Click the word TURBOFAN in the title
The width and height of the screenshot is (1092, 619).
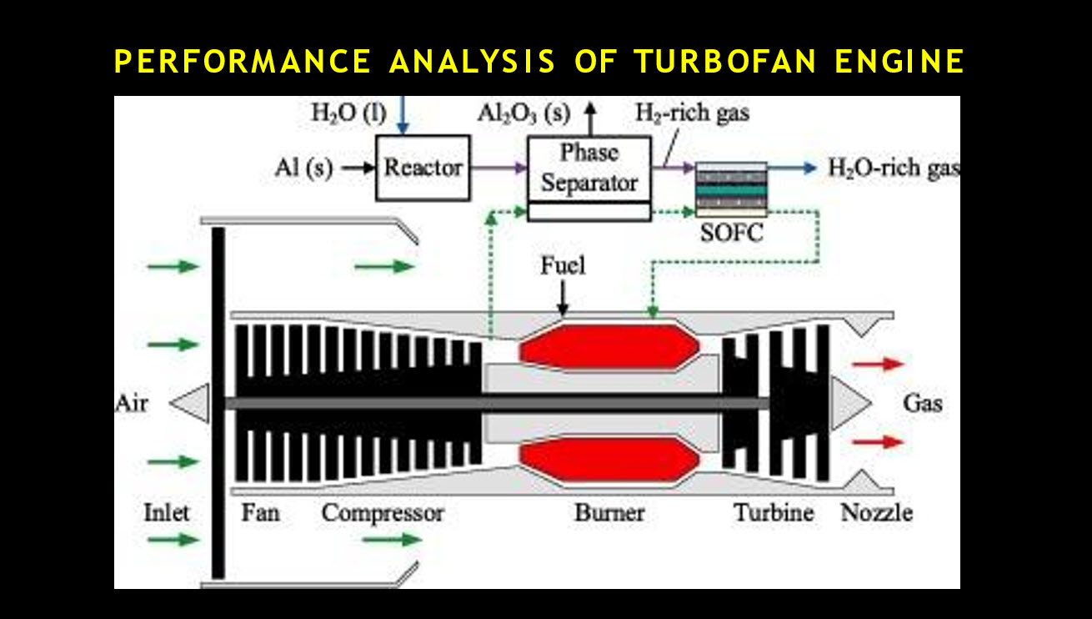click(725, 61)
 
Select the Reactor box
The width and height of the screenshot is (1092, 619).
click(423, 168)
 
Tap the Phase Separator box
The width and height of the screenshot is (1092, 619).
click(589, 179)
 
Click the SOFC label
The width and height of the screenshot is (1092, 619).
click(732, 233)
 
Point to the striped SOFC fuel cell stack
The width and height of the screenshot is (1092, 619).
click(731, 189)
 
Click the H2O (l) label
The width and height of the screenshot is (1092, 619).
click(349, 113)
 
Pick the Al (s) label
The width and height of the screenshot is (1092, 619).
click(303, 169)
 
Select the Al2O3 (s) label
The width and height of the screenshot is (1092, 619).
click(524, 113)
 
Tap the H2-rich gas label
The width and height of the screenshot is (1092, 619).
click(692, 113)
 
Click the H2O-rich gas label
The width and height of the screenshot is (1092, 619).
click(894, 169)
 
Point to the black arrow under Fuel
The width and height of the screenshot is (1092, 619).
click(563, 299)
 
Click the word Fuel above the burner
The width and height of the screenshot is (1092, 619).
click(563, 266)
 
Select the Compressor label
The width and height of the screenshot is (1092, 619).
click(383, 514)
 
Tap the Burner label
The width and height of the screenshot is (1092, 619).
click(610, 513)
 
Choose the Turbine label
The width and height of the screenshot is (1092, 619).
click(774, 513)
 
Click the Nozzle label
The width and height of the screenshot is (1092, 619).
click(877, 513)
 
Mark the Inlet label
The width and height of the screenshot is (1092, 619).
click(166, 513)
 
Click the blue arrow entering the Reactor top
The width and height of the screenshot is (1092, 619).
click(402, 115)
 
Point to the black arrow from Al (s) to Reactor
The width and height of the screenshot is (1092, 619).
click(358, 169)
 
